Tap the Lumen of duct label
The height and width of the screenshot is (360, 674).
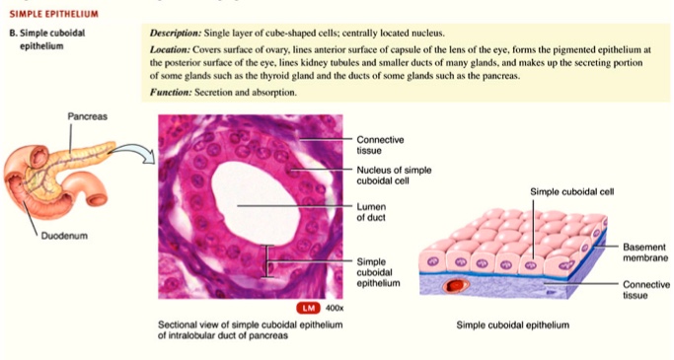(369, 211)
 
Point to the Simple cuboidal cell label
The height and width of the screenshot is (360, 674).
(571, 191)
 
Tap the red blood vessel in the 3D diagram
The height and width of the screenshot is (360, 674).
(457, 285)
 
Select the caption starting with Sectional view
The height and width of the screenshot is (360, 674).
(242, 329)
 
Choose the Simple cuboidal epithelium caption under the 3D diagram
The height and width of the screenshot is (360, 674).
(512, 324)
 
